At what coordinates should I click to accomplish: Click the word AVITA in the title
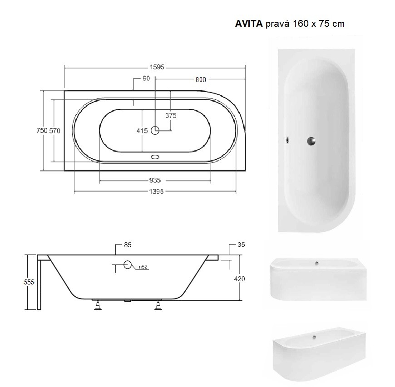(x=249, y=24)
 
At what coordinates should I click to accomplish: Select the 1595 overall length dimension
(x=157, y=67)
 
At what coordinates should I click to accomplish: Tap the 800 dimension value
(x=201, y=79)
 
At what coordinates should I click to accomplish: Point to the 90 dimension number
(x=146, y=78)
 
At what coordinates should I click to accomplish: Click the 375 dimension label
(x=171, y=116)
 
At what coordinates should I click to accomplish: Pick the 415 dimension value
(x=142, y=131)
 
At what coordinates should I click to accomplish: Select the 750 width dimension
(x=42, y=131)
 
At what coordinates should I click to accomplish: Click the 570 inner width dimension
(x=54, y=131)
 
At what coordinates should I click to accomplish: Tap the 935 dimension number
(x=155, y=181)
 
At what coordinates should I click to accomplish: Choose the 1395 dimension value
(x=157, y=191)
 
